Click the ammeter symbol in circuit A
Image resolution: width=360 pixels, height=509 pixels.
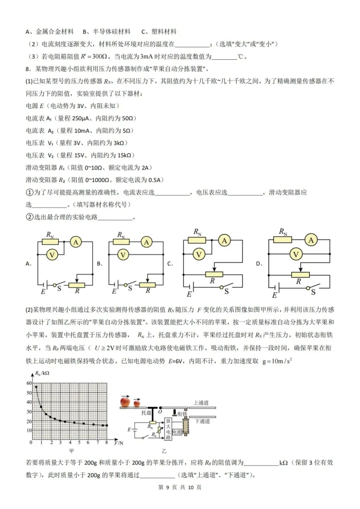click(76, 242)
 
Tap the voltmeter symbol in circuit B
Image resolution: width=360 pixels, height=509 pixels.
click(123, 255)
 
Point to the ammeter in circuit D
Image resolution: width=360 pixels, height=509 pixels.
click(311, 240)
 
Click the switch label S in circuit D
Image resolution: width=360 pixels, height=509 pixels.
click(313, 292)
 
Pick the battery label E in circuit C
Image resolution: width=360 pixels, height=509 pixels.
click(189, 294)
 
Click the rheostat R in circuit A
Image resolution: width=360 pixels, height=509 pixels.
click(77, 285)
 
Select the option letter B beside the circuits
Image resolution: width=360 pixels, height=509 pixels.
click(99, 263)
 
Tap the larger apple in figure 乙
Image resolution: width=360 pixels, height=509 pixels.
click(125, 401)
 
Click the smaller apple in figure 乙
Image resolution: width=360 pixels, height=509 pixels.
click(137, 403)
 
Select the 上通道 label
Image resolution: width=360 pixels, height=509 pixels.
click(201, 403)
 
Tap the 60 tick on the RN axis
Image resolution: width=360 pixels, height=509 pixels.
click(29, 383)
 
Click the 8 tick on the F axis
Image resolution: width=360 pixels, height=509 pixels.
click(107, 443)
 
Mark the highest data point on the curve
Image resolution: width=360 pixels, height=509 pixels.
click(36, 387)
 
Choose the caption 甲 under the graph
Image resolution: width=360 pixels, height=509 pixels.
click(71, 451)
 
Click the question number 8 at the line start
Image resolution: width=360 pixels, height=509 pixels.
click(28, 69)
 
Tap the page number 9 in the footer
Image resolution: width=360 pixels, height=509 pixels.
click(168, 487)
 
